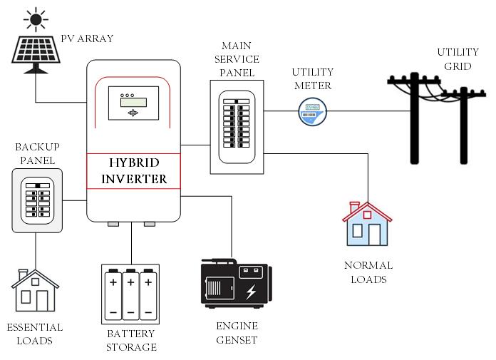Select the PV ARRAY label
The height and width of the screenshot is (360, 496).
coord(88,38)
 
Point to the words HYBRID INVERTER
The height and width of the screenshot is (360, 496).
coord(134,171)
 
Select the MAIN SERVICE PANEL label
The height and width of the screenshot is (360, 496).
coord(240,59)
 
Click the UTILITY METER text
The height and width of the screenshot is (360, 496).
coord(311,79)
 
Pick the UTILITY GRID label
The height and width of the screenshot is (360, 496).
coord(458,59)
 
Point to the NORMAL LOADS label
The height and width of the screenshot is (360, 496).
coord(368,272)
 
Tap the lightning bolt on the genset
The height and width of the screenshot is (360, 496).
coord(251,292)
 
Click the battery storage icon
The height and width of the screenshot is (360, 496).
coord(131,292)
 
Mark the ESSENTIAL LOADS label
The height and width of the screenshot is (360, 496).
coord(34,334)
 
